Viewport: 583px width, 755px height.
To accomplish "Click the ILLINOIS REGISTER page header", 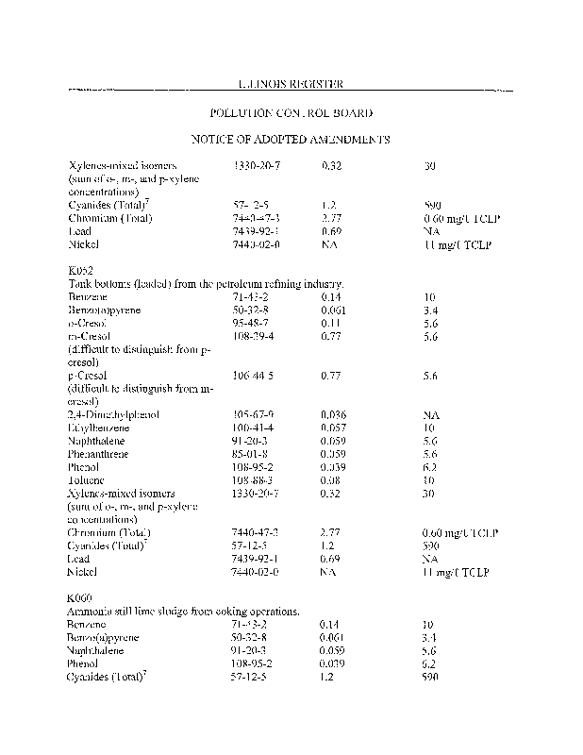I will [x=291, y=83].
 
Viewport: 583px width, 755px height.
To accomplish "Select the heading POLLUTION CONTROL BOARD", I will [x=291, y=112].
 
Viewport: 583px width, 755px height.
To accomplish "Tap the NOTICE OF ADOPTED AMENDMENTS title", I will [x=291, y=139].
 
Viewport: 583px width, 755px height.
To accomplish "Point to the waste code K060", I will [x=80, y=598].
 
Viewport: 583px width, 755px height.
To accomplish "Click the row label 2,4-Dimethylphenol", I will [x=113, y=414].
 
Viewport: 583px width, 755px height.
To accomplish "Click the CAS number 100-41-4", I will [x=255, y=428].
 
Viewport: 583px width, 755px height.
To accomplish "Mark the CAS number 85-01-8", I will [x=252, y=454].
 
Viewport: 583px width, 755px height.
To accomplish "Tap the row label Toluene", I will [x=88, y=480].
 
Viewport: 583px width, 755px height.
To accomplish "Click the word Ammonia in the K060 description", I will [x=90, y=612].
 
